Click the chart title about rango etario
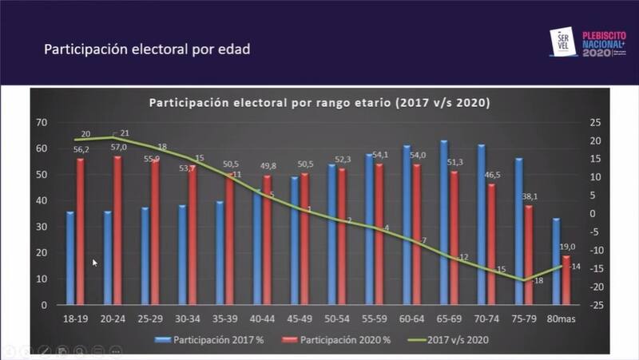(319, 103)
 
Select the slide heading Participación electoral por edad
(147, 49)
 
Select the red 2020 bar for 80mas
(566, 279)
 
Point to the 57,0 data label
(119, 148)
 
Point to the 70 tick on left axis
(42, 122)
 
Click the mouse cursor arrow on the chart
(95, 262)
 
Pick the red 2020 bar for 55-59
(379, 236)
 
